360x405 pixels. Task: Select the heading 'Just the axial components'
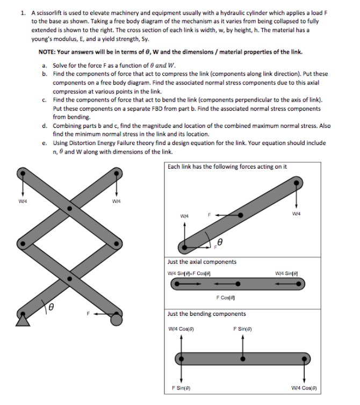(201, 262)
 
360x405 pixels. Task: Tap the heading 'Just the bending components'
(206, 313)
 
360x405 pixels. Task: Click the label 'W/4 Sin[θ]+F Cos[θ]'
(192, 272)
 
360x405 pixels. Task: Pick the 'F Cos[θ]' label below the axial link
(225, 297)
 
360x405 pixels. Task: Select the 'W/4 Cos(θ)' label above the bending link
(182, 329)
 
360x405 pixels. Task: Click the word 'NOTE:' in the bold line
(48, 52)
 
